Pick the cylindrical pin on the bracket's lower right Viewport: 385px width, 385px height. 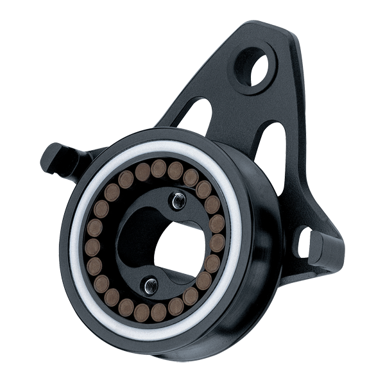324,247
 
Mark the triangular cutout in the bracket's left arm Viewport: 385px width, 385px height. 195,112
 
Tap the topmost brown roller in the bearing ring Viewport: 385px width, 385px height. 158,168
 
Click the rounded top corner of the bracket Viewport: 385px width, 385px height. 269,29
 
